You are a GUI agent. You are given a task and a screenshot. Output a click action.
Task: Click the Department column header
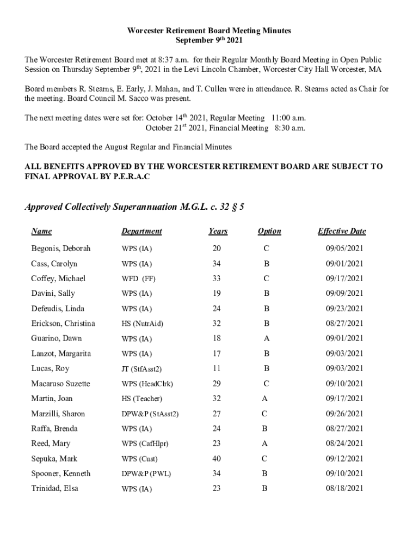coord(141,231)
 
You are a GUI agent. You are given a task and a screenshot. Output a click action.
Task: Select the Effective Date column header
coord(342,231)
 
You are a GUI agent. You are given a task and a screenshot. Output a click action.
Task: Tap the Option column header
coord(269,231)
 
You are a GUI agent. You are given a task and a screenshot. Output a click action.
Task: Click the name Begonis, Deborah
coord(61,248)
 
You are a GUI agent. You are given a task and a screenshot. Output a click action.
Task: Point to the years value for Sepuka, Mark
coord(217,459)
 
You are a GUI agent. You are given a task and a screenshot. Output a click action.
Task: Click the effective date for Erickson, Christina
coord(344,324)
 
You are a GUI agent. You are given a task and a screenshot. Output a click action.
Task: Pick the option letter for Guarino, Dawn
coord(267,338)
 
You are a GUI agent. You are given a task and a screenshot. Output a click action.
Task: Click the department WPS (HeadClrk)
coord(147,384)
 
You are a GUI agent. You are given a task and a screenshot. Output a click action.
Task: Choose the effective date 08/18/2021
coord(344,489)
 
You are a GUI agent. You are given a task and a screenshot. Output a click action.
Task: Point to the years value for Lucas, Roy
coord(217,369)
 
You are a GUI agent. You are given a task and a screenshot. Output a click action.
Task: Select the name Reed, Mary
coord(51,444)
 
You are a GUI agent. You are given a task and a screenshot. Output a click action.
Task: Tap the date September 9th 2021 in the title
coord(209,40)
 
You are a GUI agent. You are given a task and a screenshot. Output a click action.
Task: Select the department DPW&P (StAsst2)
coord(150,414)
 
